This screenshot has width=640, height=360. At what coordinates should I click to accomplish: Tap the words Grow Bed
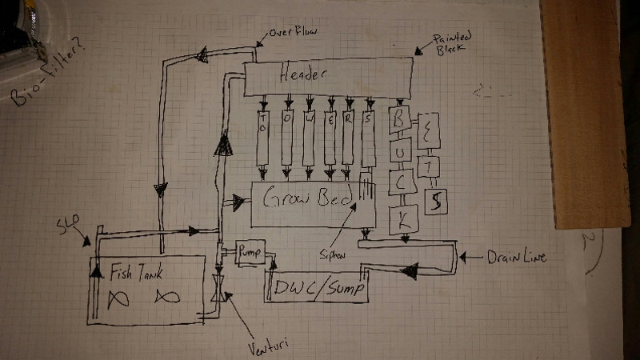(x=305, y=199)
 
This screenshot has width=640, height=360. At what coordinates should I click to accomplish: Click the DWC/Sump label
(x=317, y=287)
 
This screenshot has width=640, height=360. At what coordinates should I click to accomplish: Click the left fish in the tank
(x=117, y=298)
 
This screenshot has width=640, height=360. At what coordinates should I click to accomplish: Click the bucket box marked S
(x=436, y=201)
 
